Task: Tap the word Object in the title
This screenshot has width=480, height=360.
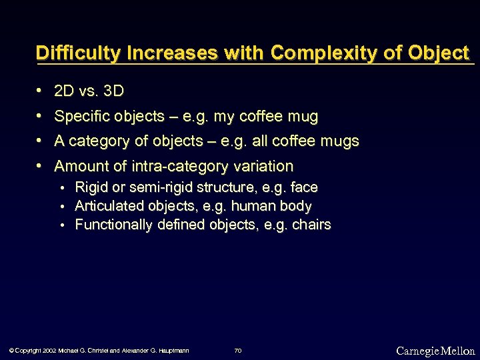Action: (437, 53)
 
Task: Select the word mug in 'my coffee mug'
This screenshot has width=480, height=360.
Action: (303, 117)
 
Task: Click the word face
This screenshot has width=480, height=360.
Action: (304, 187)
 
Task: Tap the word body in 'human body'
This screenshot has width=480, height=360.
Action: (296, 206)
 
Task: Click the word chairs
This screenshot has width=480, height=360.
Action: (311, 225)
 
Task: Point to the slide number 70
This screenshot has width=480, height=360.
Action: (238, 350)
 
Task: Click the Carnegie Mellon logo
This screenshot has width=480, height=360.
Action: (435, 351)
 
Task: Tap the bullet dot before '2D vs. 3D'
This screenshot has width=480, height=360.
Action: (41, 90)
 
